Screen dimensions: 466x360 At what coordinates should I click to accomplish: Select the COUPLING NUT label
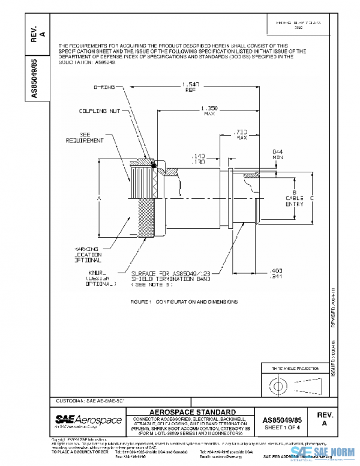click(x=98, y=111)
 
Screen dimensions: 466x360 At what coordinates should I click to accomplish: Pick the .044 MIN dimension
click(x=277, y=154)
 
